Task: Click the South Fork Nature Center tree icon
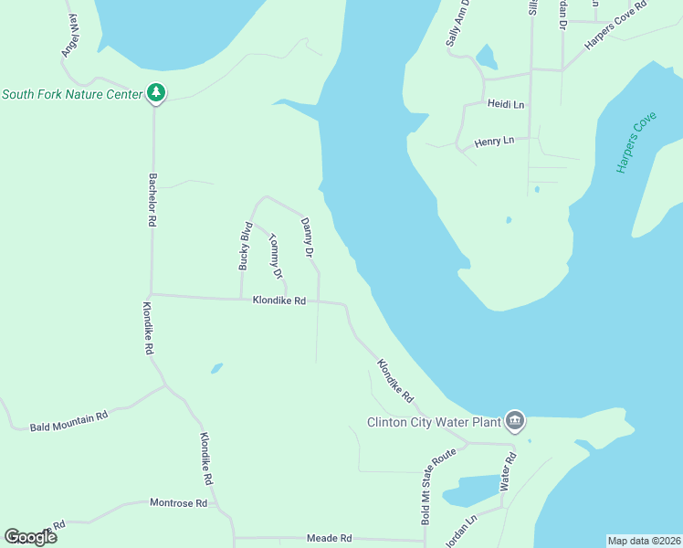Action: tap(156, 92)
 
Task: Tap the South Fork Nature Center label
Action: tap(72, 93)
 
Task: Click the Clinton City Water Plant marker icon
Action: tap(514, 420)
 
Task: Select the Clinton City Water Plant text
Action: tap(434, 422)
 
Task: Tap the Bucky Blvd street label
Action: tap(245, 245)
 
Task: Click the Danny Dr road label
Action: tap(309, 237)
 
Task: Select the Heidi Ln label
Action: tap(505, 105)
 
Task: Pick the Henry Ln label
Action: tap(495, 142)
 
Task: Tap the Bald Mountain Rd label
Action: tap(68, 420)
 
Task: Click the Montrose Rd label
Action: tap(178, 502)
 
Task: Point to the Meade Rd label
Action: tap(329, 538)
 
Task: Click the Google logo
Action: tap(30, 537)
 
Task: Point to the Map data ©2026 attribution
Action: tap(644, 541)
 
